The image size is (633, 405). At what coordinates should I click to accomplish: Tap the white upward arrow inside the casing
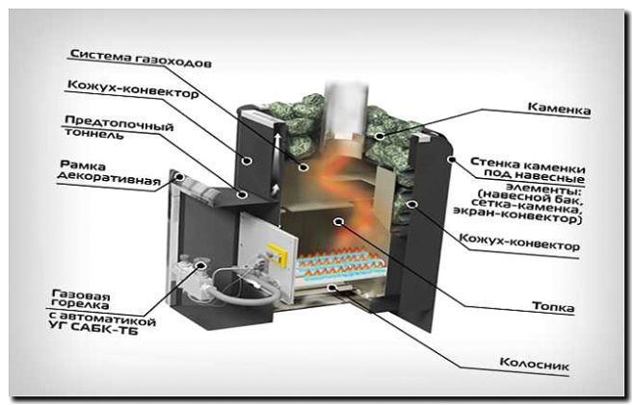pyautogui.click(x=277, y=144)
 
